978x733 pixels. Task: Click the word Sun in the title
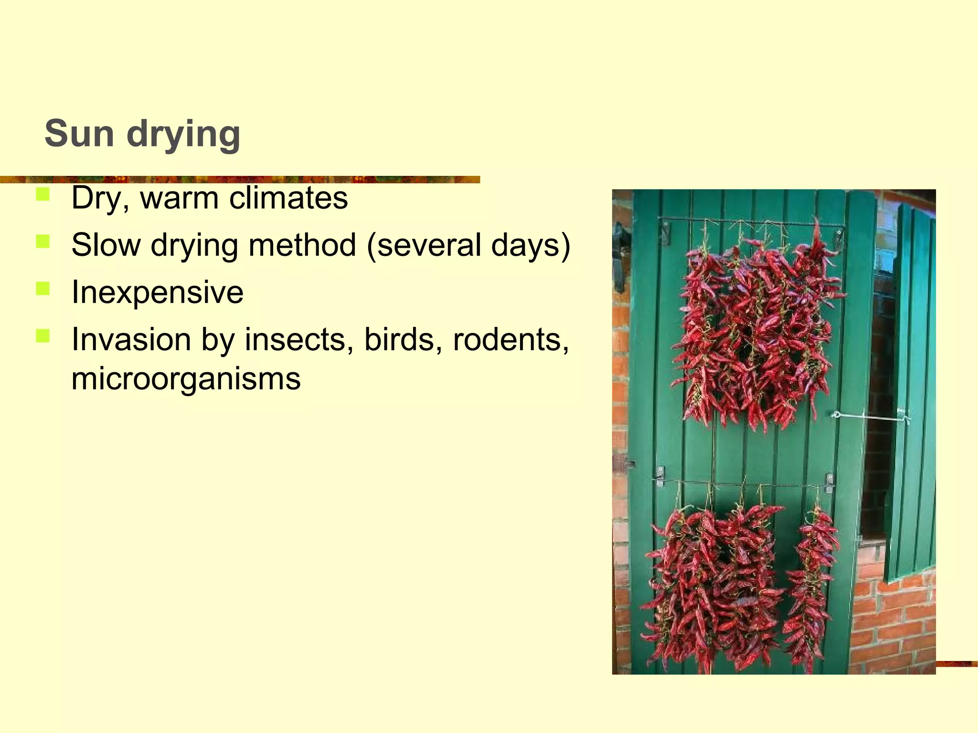[79, 134]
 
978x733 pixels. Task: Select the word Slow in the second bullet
[106, 245]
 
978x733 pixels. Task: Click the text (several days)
[468, 245]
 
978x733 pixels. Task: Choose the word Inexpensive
[157, 292]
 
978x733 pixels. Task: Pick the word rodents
[510, 339]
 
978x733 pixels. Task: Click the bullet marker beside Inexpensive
[43, 289]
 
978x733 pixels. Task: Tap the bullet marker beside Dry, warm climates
[43, 194]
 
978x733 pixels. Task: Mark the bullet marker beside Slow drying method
[43, 241]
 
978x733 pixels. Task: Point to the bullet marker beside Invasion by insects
[43, 336]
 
